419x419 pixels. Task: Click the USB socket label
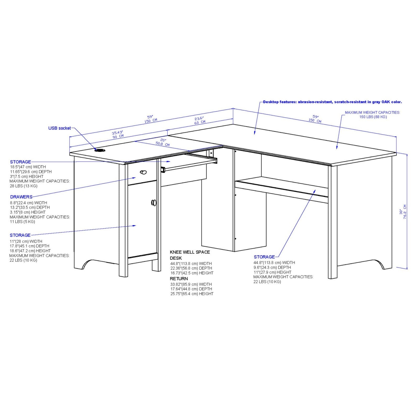tap(59, 128)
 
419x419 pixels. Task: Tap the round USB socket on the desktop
tap(100, 150)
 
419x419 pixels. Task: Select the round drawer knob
tap(143, 172)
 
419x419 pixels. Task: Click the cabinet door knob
tap(154, 202)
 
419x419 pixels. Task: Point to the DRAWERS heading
tap(21, 197)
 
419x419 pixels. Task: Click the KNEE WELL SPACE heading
tap(190, 252)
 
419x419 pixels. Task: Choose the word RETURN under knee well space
tap(179, 279)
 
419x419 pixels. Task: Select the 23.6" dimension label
tap(199, 118)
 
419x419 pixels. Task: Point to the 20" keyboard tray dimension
tap(163, 140)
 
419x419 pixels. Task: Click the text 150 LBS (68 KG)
tap(373, 117)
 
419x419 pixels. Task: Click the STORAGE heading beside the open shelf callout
tap(264, 257)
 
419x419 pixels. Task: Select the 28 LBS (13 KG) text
tap(24, 186)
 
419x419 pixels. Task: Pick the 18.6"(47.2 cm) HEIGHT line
tap(30, 251)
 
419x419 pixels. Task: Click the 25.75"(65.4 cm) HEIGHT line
tap(192, 294)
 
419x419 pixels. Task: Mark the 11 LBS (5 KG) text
tap(22, 222)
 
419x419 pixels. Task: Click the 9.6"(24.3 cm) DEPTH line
tap(272, 267)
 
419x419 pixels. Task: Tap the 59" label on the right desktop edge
tap(315, 117)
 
